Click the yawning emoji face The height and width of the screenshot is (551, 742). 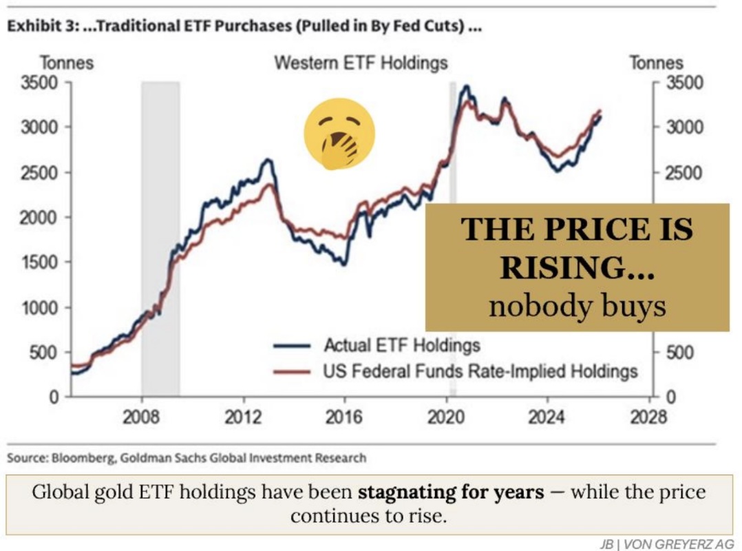pyautogui.click(x=339, y=134)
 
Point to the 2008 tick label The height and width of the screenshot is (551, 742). pyautogui.click(x=142, y=417)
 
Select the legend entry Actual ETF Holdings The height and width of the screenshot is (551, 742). pyautogui.click(x=401, y=345)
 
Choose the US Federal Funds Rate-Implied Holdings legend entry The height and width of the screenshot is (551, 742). pyautogui.click(x=480, y=372)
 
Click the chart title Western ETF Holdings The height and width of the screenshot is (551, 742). pyautogui.click(x=361, y=63)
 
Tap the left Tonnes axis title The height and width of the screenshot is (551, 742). pyautogui.click(x=67, y=63)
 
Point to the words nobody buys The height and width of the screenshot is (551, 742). pyautogui.click(x=577, y=305)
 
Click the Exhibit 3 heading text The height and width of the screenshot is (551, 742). pyautogui.click(x=244, y=30)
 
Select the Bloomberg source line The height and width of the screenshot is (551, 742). pyautogui.click(x=187, y=457)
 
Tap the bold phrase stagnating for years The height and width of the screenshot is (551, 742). pyautogui.click(x=450, y=492)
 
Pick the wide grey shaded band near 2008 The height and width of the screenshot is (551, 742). pyautogui.click(x=160, y=234)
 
